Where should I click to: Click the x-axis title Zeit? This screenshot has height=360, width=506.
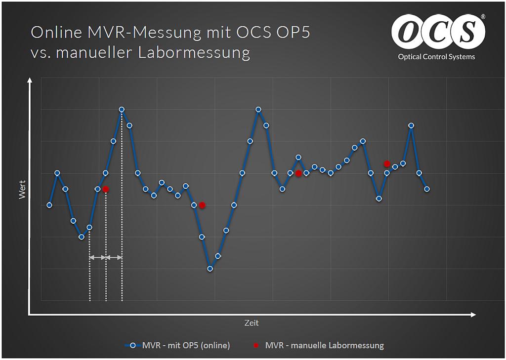tap(251, 323)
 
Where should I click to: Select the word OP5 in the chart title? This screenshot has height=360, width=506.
tap(295, 32)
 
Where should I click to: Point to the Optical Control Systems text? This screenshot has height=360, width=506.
tap(436, 57)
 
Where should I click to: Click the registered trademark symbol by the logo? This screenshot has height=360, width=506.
tap(483, 17)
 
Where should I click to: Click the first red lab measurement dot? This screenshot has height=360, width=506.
tap(106, 189)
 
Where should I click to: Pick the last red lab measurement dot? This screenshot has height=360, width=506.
tap(387, 163)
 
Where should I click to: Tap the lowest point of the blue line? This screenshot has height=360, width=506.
tap(210, 269)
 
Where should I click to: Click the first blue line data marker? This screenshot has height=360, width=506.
tap(49, 205)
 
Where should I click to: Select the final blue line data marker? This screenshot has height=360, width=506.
tap(427, 189)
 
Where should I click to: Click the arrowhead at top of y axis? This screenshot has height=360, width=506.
tap(30, 80)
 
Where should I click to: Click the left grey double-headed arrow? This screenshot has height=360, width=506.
tap(97, 257)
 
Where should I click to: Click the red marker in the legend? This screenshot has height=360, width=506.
tap(256, 345)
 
